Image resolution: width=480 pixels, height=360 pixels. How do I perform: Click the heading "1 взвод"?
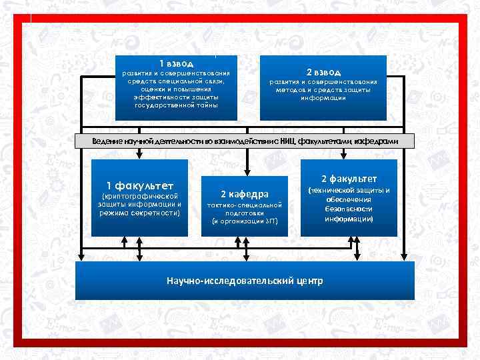(176, 63)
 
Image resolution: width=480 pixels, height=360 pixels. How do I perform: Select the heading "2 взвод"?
(323, 71)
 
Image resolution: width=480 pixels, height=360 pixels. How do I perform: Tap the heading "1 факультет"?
(140, 185)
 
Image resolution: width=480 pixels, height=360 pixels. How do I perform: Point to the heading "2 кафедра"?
(244, 194)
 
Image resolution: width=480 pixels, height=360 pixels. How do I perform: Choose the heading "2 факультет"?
(349, 179)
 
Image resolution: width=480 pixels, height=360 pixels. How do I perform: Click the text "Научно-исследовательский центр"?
(244, 281)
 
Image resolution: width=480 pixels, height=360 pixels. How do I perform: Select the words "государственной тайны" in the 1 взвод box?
(176, 105)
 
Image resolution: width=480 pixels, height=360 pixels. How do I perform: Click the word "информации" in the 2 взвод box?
(323, 98)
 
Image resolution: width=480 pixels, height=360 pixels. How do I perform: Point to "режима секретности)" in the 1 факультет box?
(140, 213)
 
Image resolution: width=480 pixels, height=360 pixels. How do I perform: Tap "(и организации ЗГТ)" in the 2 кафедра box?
(244, 221)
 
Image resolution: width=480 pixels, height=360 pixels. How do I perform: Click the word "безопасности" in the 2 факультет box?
(349, 209)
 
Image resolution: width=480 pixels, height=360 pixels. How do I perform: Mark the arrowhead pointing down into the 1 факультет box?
(139, 155)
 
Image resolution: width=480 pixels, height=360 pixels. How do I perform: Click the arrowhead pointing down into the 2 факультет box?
(344, 155)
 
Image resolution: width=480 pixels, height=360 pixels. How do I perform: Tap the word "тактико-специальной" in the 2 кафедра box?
(244, 205)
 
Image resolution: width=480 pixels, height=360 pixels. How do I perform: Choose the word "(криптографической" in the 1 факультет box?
(140, 196)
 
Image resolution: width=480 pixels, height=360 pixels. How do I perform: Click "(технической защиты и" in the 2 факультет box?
(349, 191)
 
